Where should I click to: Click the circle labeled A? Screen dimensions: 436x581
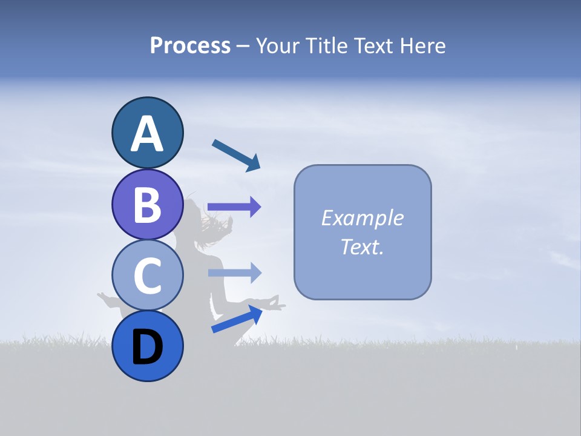pyautogui.click(x=147, y=133)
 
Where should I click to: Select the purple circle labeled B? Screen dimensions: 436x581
pyautogui.click(x=147, y=204)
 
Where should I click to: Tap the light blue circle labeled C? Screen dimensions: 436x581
pyautogui.click(x=147, y=275)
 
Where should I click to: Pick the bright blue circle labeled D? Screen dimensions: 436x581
pyautogui.click(x=147, y=346)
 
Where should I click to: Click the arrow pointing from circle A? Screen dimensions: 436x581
pyautogui.click(x=236, y=155)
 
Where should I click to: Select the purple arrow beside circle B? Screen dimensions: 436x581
pyautogui.click(x=234, y=207)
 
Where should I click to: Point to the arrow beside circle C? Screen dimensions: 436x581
pyautogui.click(x=234, y=273)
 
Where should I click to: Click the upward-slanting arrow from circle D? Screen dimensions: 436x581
pyautogui.click(x=237, y=319)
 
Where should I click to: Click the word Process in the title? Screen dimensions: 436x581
pyautogui.click(x=190, y=46)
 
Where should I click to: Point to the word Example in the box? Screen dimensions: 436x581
pyautogui.click(x=362, y=218)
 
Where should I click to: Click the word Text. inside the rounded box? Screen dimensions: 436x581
pyautogui.click(x=362, y=246)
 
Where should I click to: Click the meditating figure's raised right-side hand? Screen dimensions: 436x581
pyautogui.click(x=275, y=302)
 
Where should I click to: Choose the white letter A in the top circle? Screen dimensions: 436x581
pyautogui.click(x=147, y=134)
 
